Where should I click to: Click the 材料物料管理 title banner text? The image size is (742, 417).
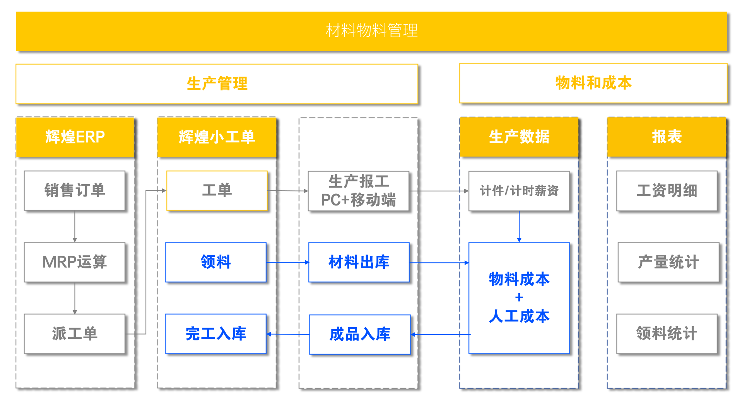[371, 31]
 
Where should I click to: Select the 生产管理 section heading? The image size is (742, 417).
[217, 84]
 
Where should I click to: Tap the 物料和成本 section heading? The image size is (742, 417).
[593, 83]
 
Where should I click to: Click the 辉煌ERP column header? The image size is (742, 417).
[75, 137]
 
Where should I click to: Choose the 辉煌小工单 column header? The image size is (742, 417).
[217, 137]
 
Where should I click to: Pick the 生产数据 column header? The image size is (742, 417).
[519, 137]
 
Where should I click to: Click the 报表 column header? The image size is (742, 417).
[667, 137]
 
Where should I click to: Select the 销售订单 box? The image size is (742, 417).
[75, 191]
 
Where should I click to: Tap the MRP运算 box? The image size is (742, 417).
[75, 262]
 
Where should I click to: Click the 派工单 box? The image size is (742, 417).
[75, 333]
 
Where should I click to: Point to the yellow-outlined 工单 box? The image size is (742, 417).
[217, 190]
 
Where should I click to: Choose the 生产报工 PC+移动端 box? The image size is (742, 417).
[359, 191]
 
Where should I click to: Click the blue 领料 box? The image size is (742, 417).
[216, 262]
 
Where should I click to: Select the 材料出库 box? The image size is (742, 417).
[359, 262]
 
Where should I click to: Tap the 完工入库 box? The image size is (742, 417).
[216, 333]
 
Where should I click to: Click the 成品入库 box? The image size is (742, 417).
[360, 334]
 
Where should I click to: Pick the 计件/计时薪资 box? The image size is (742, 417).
[519, 191]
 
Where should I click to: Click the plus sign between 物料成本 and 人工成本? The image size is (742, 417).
[519, 297]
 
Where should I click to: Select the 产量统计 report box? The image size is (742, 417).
[668, 262]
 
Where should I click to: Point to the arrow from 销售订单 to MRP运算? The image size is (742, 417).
[75, 227]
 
